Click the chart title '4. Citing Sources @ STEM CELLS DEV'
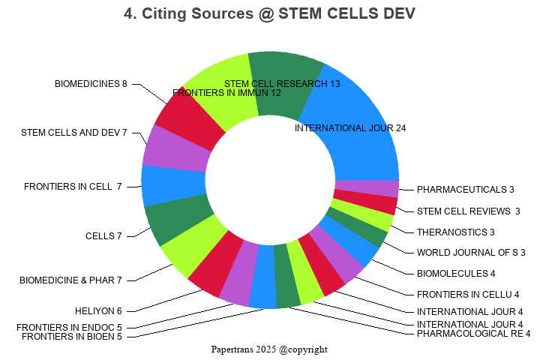[x=269, y=13]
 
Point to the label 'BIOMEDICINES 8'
[x=91, y=84]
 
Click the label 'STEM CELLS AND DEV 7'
[x=74, y=133]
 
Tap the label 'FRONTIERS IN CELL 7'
[x=73, y=186]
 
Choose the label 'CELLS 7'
[x=103, y=236]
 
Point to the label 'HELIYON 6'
[x=98, y=310]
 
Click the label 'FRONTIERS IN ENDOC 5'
[x=69, y=327]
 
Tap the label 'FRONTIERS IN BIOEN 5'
[x=72, y=337]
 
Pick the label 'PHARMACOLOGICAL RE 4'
[x=473, y=334]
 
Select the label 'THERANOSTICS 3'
[x=456, y=232]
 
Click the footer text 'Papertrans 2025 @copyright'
[x=269, y=349]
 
